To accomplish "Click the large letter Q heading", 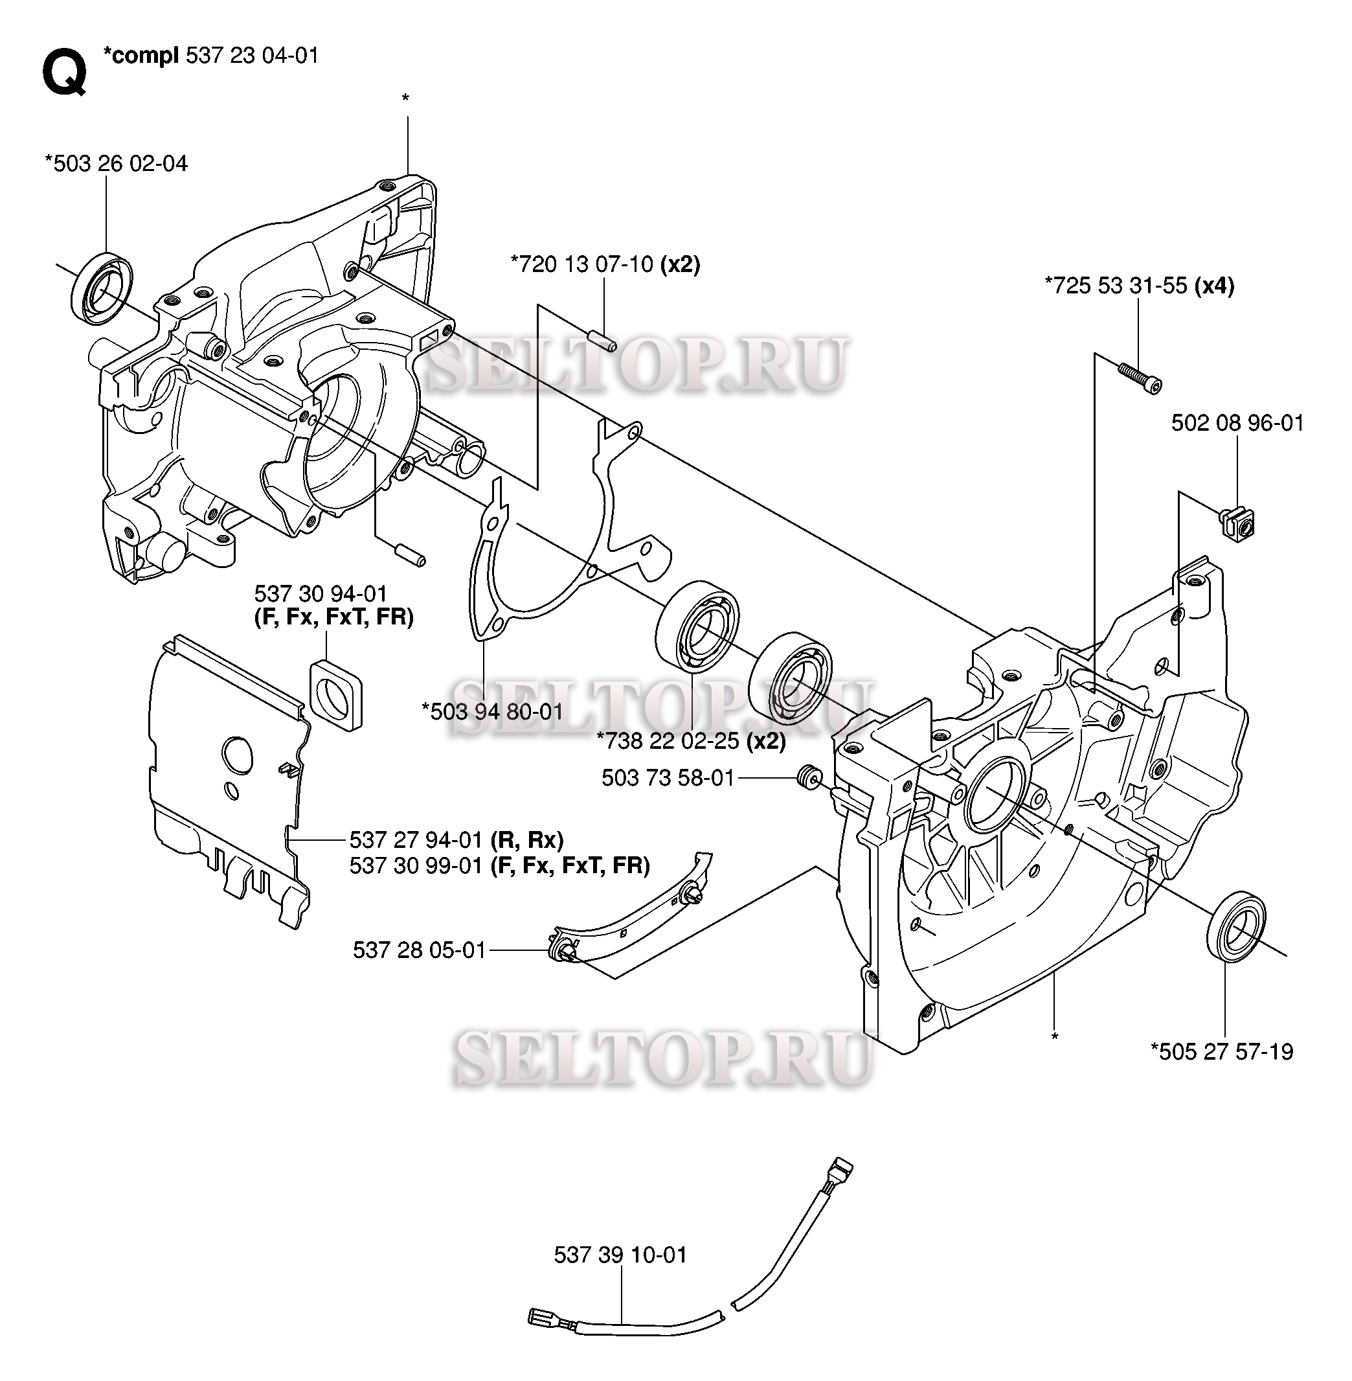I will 65,73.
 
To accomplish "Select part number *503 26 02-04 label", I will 116,164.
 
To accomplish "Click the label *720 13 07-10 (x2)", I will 605,265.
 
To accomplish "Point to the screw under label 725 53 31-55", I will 1140,378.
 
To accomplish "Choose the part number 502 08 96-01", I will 1237,424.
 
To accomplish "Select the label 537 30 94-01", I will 321,593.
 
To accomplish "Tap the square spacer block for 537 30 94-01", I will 336,694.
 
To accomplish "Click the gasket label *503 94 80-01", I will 491,711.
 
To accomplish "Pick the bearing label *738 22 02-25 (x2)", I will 690,741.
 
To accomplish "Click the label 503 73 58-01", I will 668,778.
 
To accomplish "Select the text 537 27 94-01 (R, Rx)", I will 456,840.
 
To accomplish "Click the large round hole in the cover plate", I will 237,751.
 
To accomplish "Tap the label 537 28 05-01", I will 419,950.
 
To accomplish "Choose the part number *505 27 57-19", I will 1221,1051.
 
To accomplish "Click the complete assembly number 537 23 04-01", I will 251,56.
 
